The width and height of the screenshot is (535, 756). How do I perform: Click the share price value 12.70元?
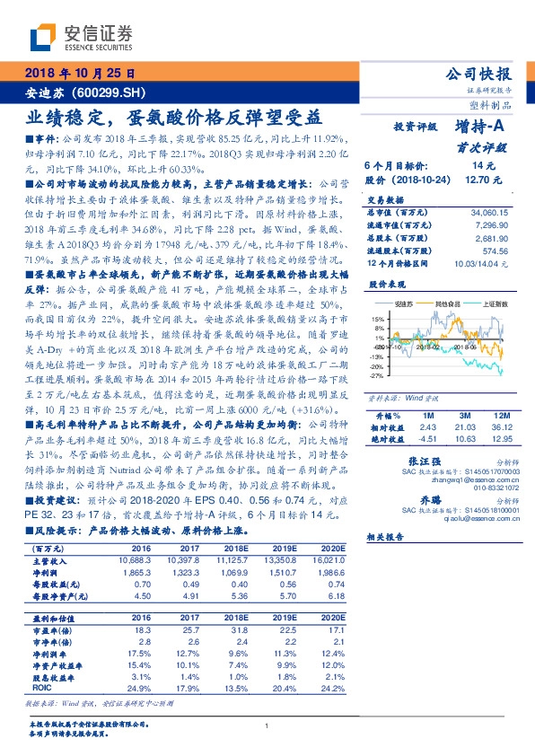[x=483, y=180]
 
